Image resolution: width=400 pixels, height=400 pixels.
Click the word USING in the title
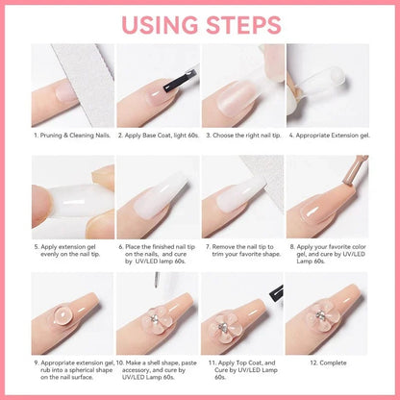[158, 21]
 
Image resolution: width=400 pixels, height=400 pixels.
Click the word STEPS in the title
[246, 21]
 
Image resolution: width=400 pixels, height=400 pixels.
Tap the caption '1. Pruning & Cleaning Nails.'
[72, 136]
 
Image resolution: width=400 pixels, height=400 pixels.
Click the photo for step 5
[72, 197]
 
